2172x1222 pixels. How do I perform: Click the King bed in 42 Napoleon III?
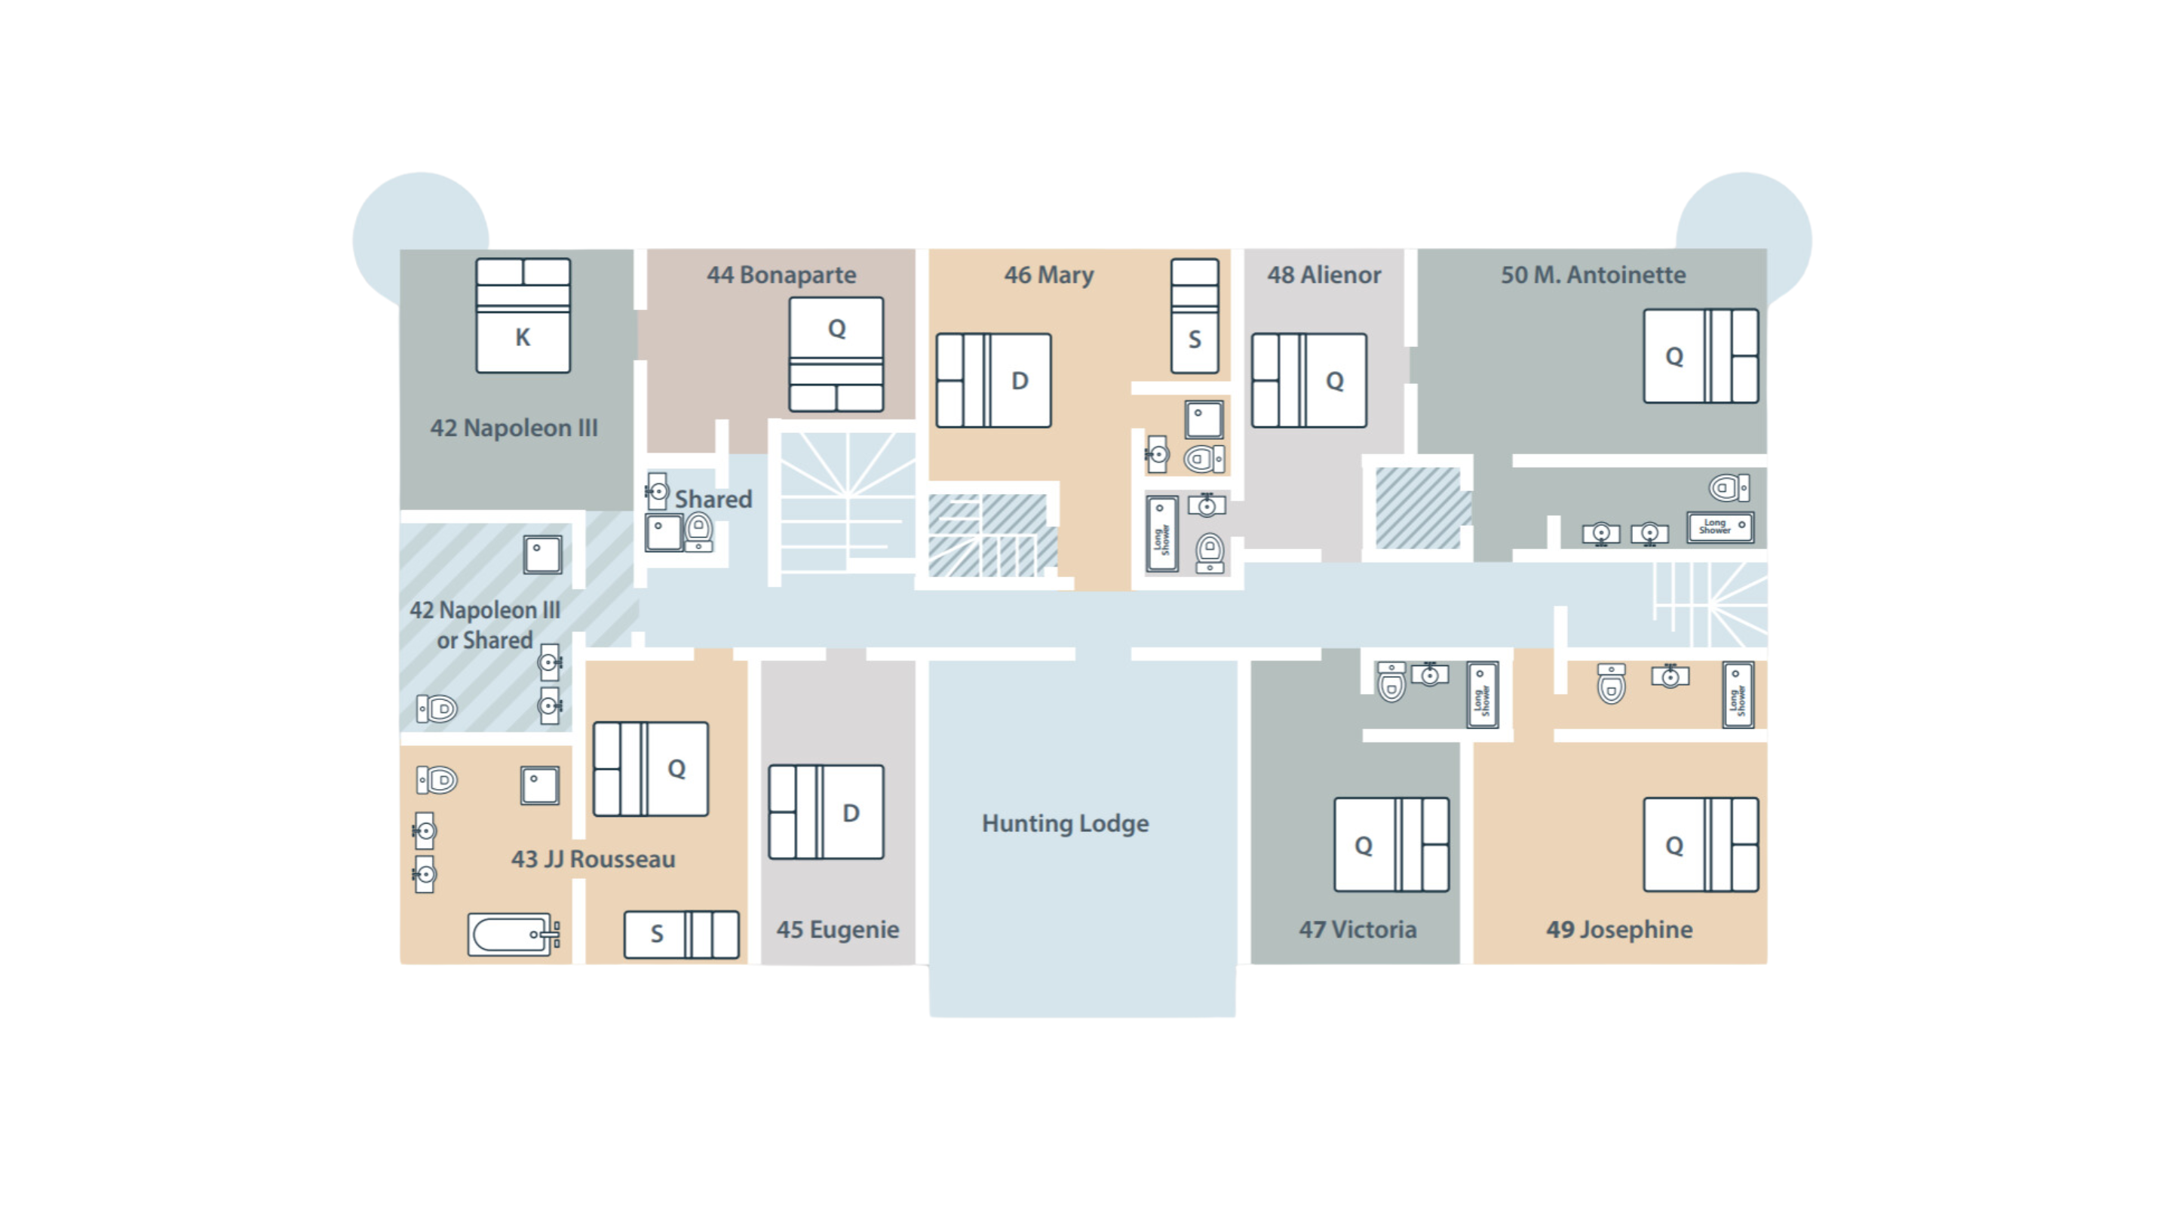pos(523,315)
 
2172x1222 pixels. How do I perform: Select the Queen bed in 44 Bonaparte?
pos(836,355)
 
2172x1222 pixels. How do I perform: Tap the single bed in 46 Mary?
pos(1194,316)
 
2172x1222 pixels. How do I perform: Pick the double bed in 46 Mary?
pos(993,380)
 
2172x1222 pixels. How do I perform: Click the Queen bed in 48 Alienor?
pos(1308,380)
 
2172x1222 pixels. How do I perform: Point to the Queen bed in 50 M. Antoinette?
pos(1701,356)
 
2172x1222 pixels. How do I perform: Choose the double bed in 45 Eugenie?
pos(827,812)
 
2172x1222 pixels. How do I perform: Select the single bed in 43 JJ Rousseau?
pos(681,935)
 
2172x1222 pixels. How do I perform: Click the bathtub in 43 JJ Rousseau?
pos(514,935)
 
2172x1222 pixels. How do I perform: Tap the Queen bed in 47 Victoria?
pos(1391,845)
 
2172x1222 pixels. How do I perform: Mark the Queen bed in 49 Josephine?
pos(1701,845)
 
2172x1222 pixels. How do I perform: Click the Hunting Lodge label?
pos(1065,823)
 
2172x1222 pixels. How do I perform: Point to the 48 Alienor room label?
pos(1324,275)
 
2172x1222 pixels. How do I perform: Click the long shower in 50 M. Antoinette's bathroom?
pos(1720,527)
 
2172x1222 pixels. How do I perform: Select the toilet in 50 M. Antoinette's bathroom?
pos(1729,487)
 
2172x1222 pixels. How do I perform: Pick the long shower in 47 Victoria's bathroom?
pos(1482,695)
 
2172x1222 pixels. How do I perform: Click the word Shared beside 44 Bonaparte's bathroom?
pos(713,499)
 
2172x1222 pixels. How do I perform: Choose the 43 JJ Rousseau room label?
pos(593,859)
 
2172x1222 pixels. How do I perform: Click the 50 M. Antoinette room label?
pos(1593,275)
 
